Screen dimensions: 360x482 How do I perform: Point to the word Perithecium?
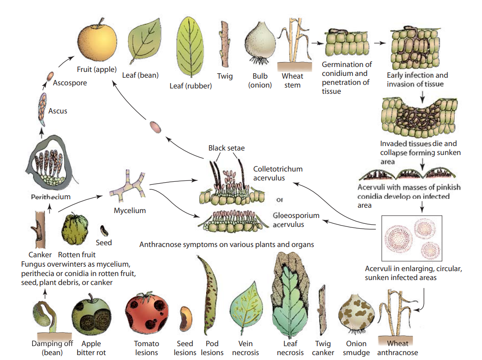pos(50,197)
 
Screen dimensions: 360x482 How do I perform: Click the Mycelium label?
pos(129,210)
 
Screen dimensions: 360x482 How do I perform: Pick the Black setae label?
pos(226,148)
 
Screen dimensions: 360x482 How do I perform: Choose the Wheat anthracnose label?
pos(397,348)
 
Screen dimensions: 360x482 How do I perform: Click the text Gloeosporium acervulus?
pos(295,220)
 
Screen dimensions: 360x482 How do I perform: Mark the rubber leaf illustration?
pos(191,49)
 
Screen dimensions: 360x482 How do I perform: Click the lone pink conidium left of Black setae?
pos(155,127)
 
